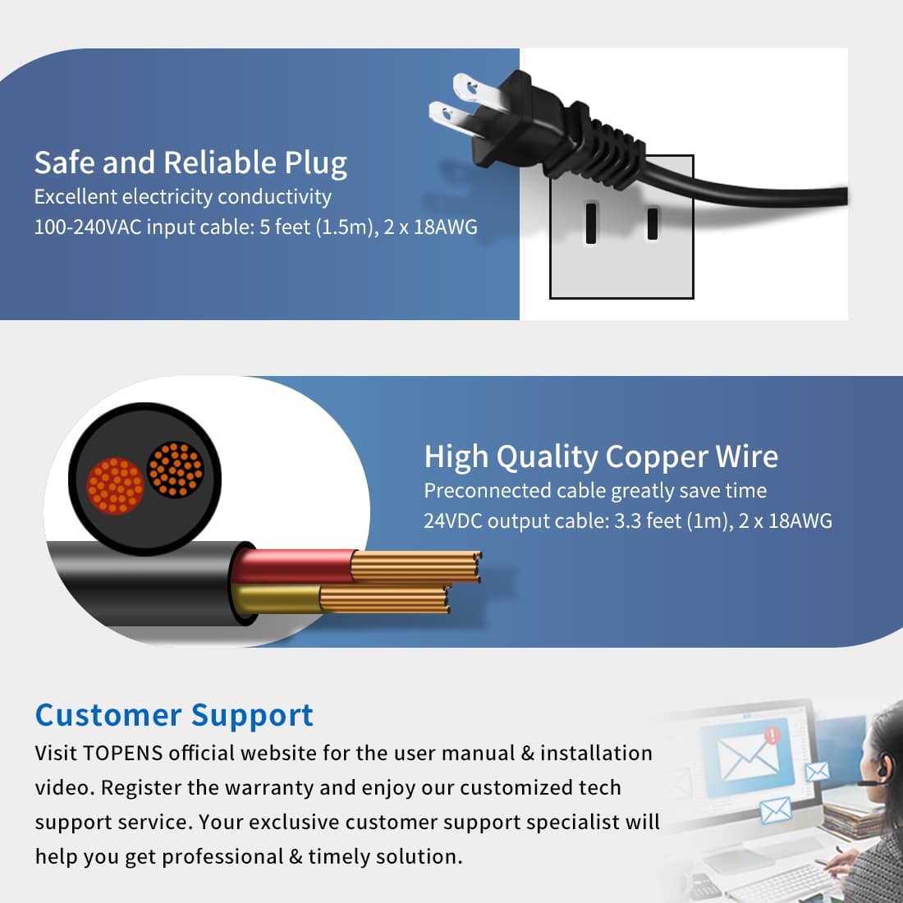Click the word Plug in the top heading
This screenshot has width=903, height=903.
click(x=315, y=163)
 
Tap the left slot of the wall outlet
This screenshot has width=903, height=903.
click(x=591, y=223)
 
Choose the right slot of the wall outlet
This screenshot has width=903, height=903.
click(x=653, y=223)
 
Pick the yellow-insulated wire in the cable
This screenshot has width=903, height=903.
click(x=279, y=599)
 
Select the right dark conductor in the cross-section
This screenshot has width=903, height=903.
click(x=174, y=470)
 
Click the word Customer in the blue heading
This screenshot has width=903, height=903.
click(x=108, y=715)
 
